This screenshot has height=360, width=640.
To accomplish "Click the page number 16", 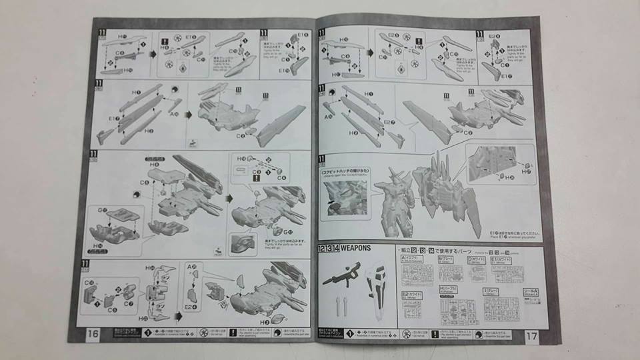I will point(93,333).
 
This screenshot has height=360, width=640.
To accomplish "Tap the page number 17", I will point(531,335).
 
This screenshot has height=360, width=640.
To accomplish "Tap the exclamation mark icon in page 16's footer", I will point(233,331).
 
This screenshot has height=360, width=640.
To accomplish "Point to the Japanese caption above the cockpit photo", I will point(345,173).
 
